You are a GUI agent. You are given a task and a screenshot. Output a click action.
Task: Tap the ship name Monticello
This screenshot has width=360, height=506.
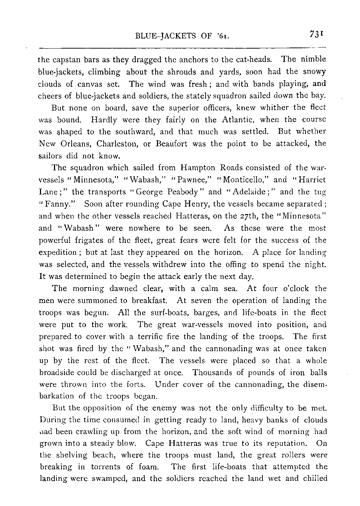point(240,180)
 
